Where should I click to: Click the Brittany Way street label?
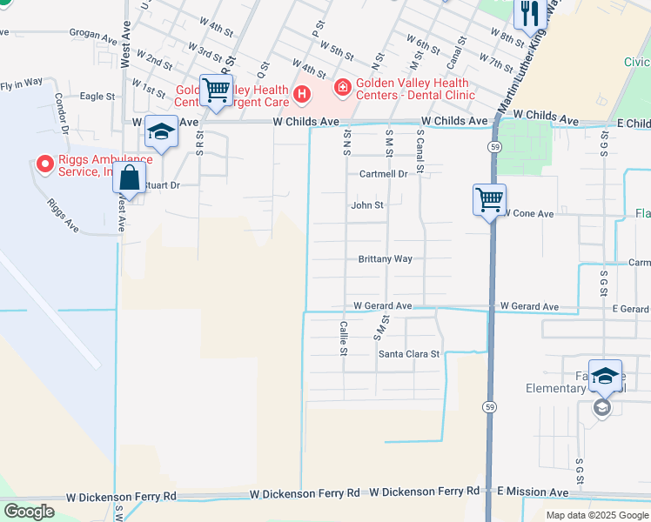(x=385, y=259)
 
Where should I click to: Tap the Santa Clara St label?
(x=409, y=354)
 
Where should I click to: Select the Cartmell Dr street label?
(x=384, y=174)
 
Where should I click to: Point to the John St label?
(x=367, y=206)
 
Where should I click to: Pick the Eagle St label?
(x=97, y=97)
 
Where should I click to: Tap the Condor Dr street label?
(x=61, y=113)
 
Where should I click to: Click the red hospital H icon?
(x=302, y=93)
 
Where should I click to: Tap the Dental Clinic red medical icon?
(x=342, y=86)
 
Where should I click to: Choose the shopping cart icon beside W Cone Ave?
(x=489, y=200)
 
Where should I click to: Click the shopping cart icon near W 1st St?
(x=215, y=89)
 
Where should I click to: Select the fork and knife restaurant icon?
(x=528, y=14)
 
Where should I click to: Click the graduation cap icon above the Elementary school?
(x=605, y=376)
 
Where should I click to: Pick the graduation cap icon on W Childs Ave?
(x=161, y=131)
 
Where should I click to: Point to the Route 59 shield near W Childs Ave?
(x=493, y=147)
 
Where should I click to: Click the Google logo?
(x=30, y=512)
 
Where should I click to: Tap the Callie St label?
(x=344, y=338)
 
